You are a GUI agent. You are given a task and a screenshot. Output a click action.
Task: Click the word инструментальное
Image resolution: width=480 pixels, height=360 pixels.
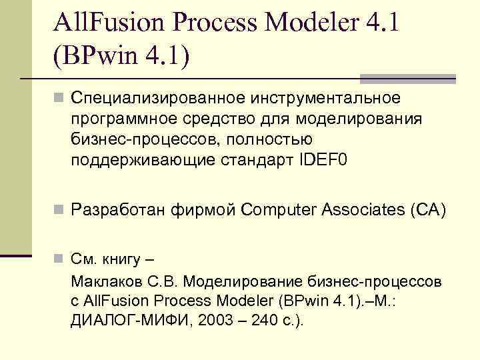(325, 99)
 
